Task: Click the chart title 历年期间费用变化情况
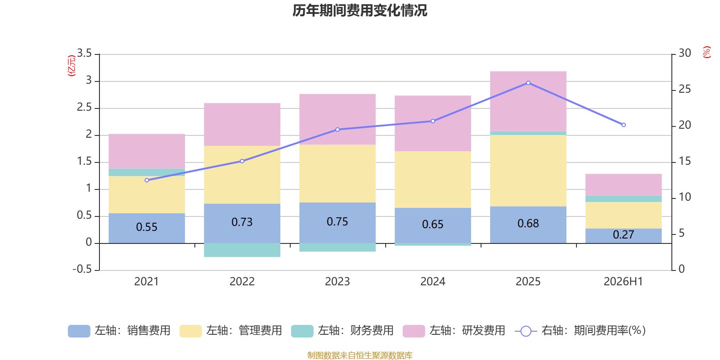pos(360,10)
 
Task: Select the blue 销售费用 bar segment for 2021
pos(147,228)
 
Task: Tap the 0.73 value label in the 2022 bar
pos(242,222)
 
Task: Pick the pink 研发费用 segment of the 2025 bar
pos(528,101)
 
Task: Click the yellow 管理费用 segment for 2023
pos(337,174)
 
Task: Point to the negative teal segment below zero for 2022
pos(242,250)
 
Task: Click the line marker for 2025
pos(528,83)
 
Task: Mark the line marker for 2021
pos(147,180)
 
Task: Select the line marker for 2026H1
pos(624,125)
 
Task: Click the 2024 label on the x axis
pos(432,282)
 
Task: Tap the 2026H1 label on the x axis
pos(623,282)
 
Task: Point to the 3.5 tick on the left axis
pos(84,53)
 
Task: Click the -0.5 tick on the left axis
pos(82,269)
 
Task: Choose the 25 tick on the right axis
pos(684,89)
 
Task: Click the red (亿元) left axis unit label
pos(72,66)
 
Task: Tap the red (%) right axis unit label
pos(706,52)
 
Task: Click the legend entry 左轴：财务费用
pos(342,331)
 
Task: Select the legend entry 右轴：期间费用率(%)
pos(580,331)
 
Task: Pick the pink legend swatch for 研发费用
pos(414,331)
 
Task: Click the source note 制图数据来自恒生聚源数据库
pos(360,355)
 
